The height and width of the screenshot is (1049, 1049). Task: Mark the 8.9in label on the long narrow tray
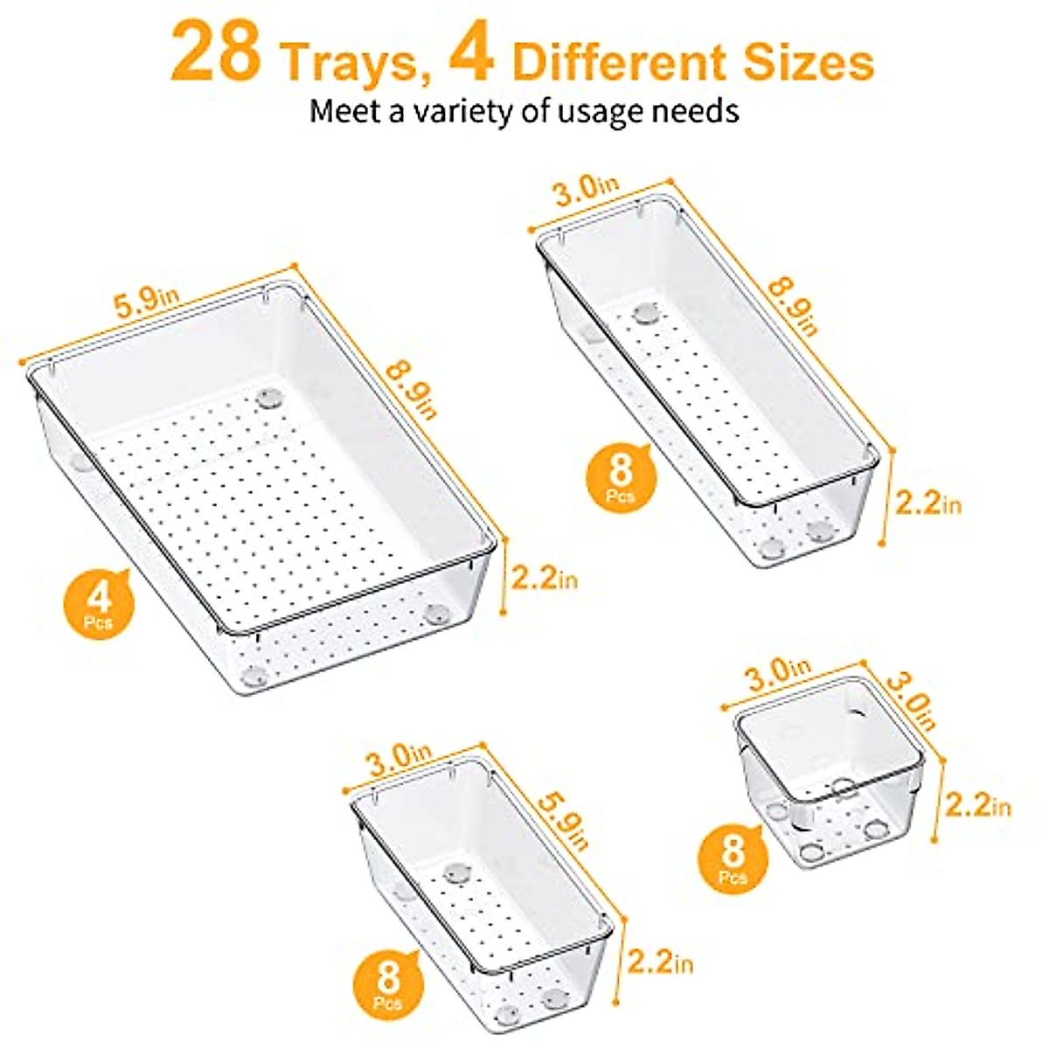pyautogui.click(x=791, y=305)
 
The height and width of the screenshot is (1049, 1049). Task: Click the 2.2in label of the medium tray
pyautogui.click(x=660, y=964)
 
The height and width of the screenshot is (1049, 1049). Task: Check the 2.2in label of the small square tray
pyautogui.click(x=977, y=805)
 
